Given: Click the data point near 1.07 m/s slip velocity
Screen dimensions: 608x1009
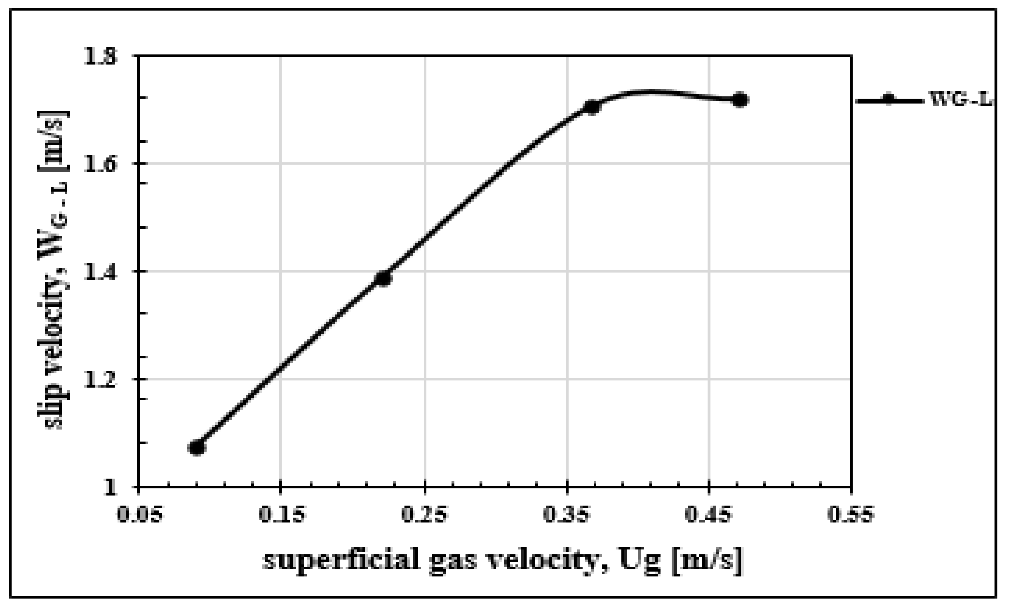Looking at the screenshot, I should [197, 447].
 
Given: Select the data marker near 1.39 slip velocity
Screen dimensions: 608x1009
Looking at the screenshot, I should [383, 278].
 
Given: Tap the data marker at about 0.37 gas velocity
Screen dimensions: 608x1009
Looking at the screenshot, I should [592, 107].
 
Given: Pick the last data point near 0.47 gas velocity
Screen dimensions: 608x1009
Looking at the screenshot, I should [739, 100].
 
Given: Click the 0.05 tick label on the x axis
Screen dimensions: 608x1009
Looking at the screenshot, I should [139, 515].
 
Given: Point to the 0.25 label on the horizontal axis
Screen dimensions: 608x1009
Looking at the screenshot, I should [424, 515].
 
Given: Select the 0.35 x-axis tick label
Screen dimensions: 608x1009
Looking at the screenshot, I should [567, 515].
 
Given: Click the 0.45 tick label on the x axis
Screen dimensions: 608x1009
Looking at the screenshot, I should [709, 515].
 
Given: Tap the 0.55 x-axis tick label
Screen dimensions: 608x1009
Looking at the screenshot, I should [851, 515].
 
